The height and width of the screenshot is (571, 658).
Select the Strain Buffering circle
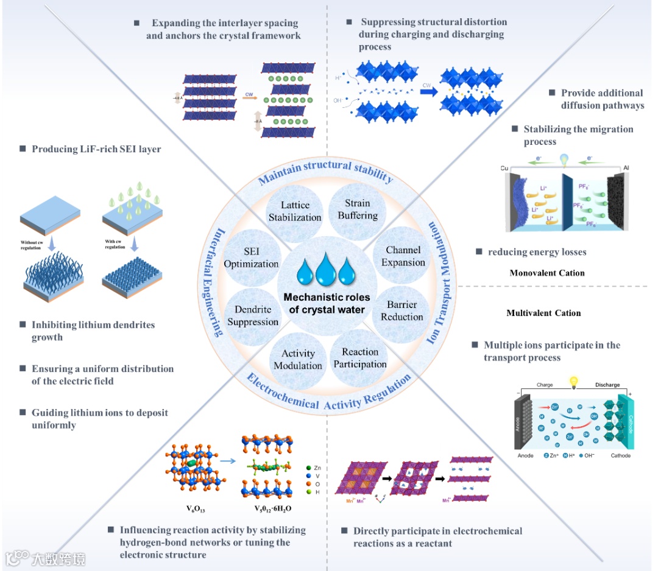357,209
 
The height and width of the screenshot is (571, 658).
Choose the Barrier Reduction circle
402,310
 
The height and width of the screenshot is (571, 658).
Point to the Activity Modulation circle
298,359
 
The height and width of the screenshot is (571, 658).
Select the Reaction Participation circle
360,358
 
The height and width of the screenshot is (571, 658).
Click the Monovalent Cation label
547,273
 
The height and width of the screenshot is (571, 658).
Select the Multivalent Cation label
543,313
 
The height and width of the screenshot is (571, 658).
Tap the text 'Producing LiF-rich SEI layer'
96,149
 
